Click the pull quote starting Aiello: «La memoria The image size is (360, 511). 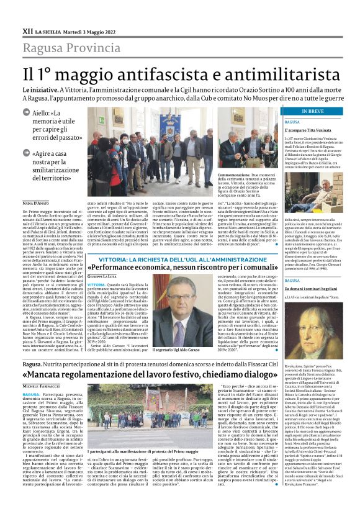click(58, 127)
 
